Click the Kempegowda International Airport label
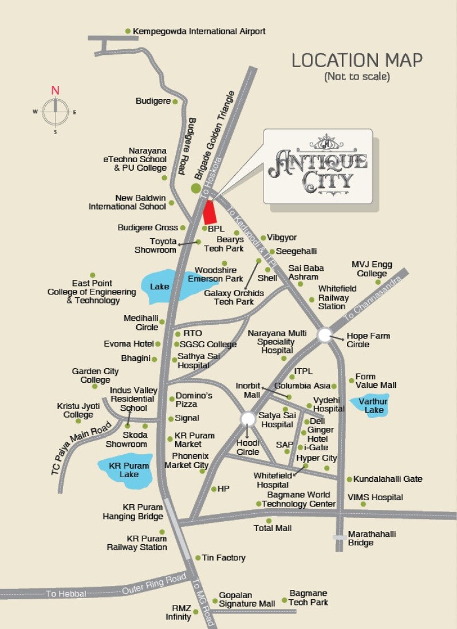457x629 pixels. tap(199, 32)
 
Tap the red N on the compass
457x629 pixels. tap(55, 91)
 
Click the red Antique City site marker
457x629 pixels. tap(210, 213)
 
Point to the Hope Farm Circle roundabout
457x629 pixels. tap(325, 335)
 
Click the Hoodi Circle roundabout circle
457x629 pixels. tap(248, 419)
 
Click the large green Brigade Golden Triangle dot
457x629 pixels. tap(196, 188)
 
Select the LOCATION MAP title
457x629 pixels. tap(357, 60)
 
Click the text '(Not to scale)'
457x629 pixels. tap(357, 76)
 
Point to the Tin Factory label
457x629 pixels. tap(224, 557)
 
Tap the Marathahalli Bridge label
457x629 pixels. tap(372, 538)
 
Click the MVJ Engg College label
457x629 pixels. tap(372, 269)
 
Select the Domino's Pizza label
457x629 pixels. tap(194, 399)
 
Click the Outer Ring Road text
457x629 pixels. tap(155, 584)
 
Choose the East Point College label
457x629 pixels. tap(92, 292)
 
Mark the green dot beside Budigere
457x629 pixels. tap(175, 101)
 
